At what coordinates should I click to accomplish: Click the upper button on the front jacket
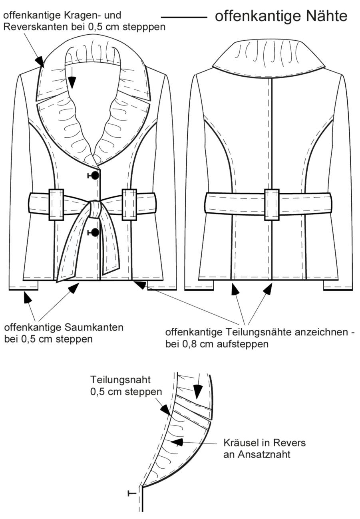click(95, 175)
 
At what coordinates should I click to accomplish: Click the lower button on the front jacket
click(95, 232)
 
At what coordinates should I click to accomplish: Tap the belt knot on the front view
click(95, 209)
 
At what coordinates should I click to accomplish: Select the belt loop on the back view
click(272, 205)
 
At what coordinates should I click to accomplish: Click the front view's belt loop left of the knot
click(56, 205)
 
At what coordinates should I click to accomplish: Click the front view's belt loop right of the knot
click(129, 205)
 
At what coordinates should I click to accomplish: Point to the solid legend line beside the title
click(184, 17)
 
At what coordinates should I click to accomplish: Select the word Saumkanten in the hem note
click(93, 327)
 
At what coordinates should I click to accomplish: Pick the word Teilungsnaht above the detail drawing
click(120, 380)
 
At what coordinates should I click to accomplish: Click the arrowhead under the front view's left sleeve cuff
click(27, 297)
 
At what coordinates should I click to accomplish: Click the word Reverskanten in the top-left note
click(35, 27)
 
